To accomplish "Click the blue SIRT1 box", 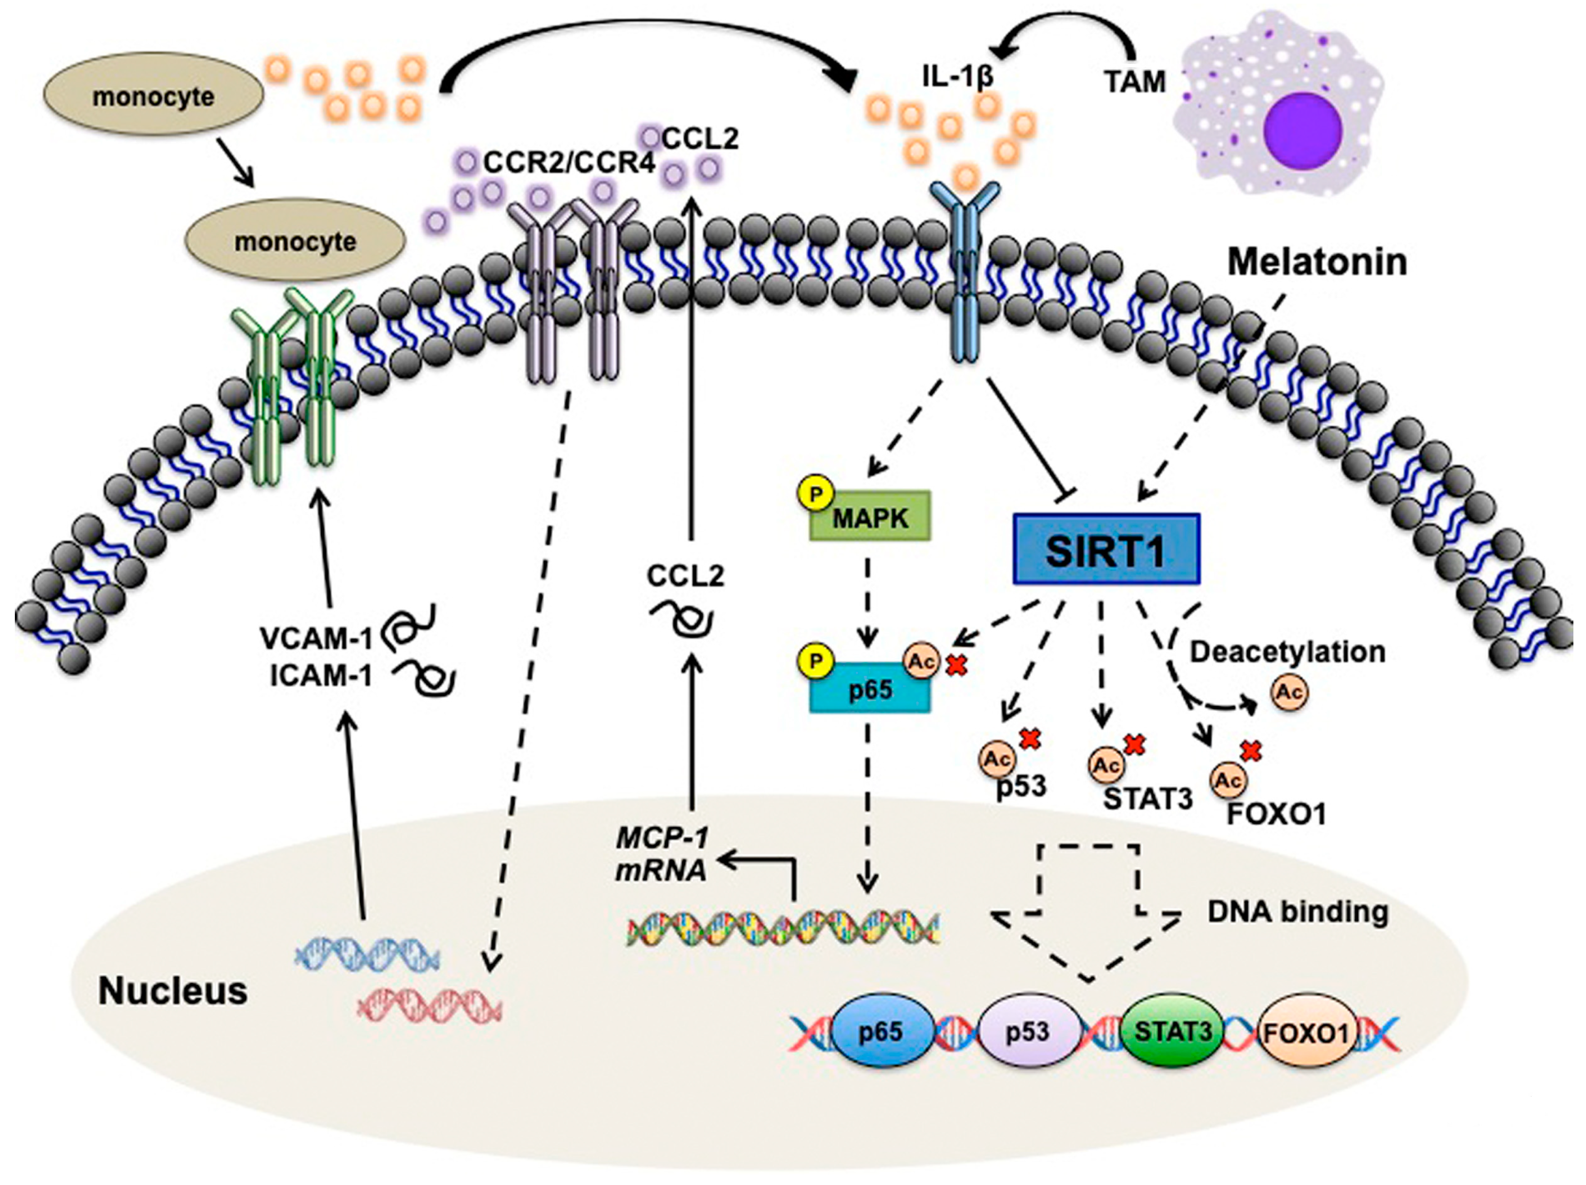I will click(1106, 548).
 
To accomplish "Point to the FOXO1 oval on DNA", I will click(1306, 1032).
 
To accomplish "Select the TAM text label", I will click(1135, 82).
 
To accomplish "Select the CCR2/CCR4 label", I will click(569, 163).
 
